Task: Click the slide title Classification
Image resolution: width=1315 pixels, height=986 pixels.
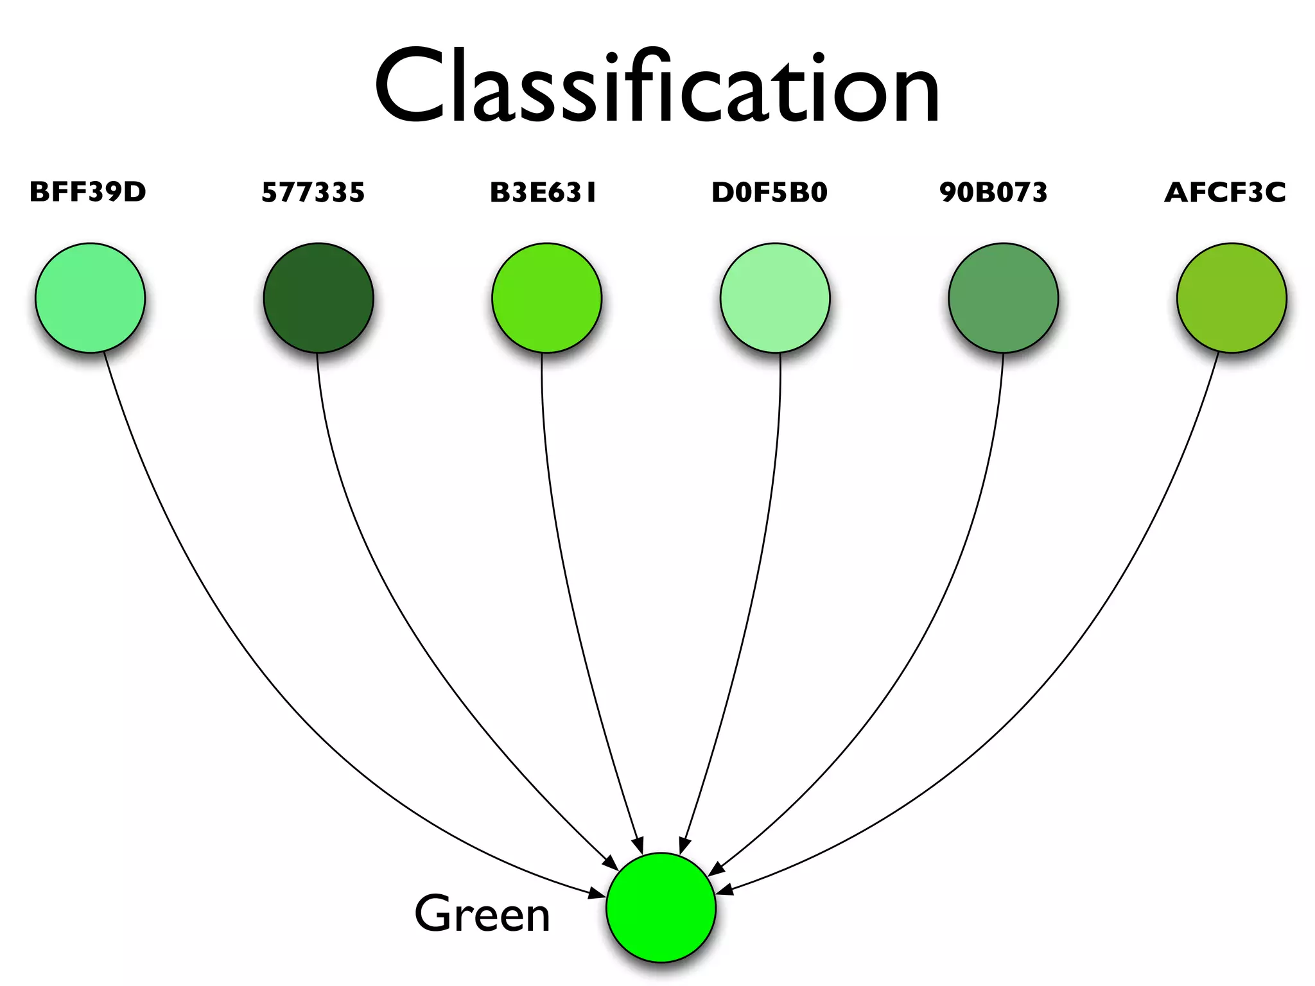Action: tap(657, 87)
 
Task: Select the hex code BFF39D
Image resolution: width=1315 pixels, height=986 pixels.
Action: tap(88, 192)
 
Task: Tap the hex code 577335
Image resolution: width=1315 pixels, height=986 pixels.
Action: tap(313, 192)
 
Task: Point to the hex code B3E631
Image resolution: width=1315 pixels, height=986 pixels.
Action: tap(543, 192)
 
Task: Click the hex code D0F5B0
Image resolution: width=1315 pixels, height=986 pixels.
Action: tap(769, 192)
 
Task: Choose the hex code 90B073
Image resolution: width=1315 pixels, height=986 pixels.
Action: tap(993, 192)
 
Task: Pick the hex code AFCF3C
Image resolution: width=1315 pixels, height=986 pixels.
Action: tap(1225, 192)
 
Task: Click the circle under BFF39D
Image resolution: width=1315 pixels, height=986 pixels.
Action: tap(91, 298)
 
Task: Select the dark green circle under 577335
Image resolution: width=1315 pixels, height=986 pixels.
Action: tap(318, 298)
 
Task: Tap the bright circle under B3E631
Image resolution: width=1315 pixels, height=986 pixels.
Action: tap(547, 298)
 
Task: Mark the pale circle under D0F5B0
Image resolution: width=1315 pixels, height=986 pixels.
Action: tap(775, 298)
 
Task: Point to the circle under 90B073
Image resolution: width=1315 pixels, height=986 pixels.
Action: tap(1004, 298)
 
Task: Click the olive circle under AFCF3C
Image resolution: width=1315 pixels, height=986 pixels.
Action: tap(1232, 298)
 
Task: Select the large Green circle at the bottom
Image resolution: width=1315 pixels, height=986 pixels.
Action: tap(661, 908)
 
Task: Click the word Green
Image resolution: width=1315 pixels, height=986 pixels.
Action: tap(482, 914)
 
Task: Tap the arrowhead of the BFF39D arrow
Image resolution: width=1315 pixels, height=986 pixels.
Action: tap(597, 893)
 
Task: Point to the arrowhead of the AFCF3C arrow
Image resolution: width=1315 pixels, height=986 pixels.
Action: tap(724, 890)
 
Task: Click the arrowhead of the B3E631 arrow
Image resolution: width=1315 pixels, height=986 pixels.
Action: tap(638, 846)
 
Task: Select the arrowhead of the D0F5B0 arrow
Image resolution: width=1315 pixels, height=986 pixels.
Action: tap(684, 846)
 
